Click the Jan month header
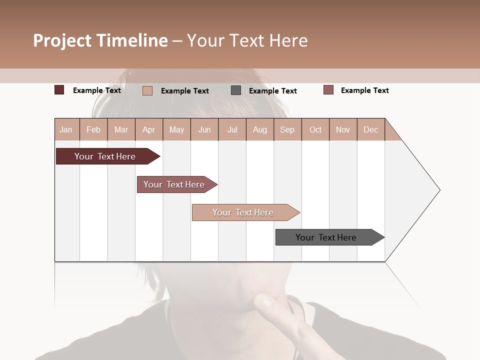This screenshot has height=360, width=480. click(x=66, y=129)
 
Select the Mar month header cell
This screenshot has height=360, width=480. click(x=121, y=129)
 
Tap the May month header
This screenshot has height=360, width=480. click(x=176, y=129)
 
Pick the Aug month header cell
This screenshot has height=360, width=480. click(x=259, y=129)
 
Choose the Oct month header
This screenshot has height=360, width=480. click(x=315, y=129)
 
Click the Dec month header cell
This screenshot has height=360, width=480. click(x=370, y=129)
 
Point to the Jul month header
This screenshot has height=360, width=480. click(x=232, y=129)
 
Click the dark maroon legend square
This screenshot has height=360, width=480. click(x=59, y=90)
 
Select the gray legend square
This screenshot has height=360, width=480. click(x=236, y=90)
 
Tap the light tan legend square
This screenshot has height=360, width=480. click(x=147, y=90)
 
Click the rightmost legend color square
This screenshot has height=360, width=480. click(x=328, y=90)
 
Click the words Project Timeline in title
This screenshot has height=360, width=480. click(x=100, y=40)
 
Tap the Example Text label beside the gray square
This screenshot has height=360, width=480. click(x=272, y=90)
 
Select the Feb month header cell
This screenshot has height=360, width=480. click(x=93, y=129)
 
